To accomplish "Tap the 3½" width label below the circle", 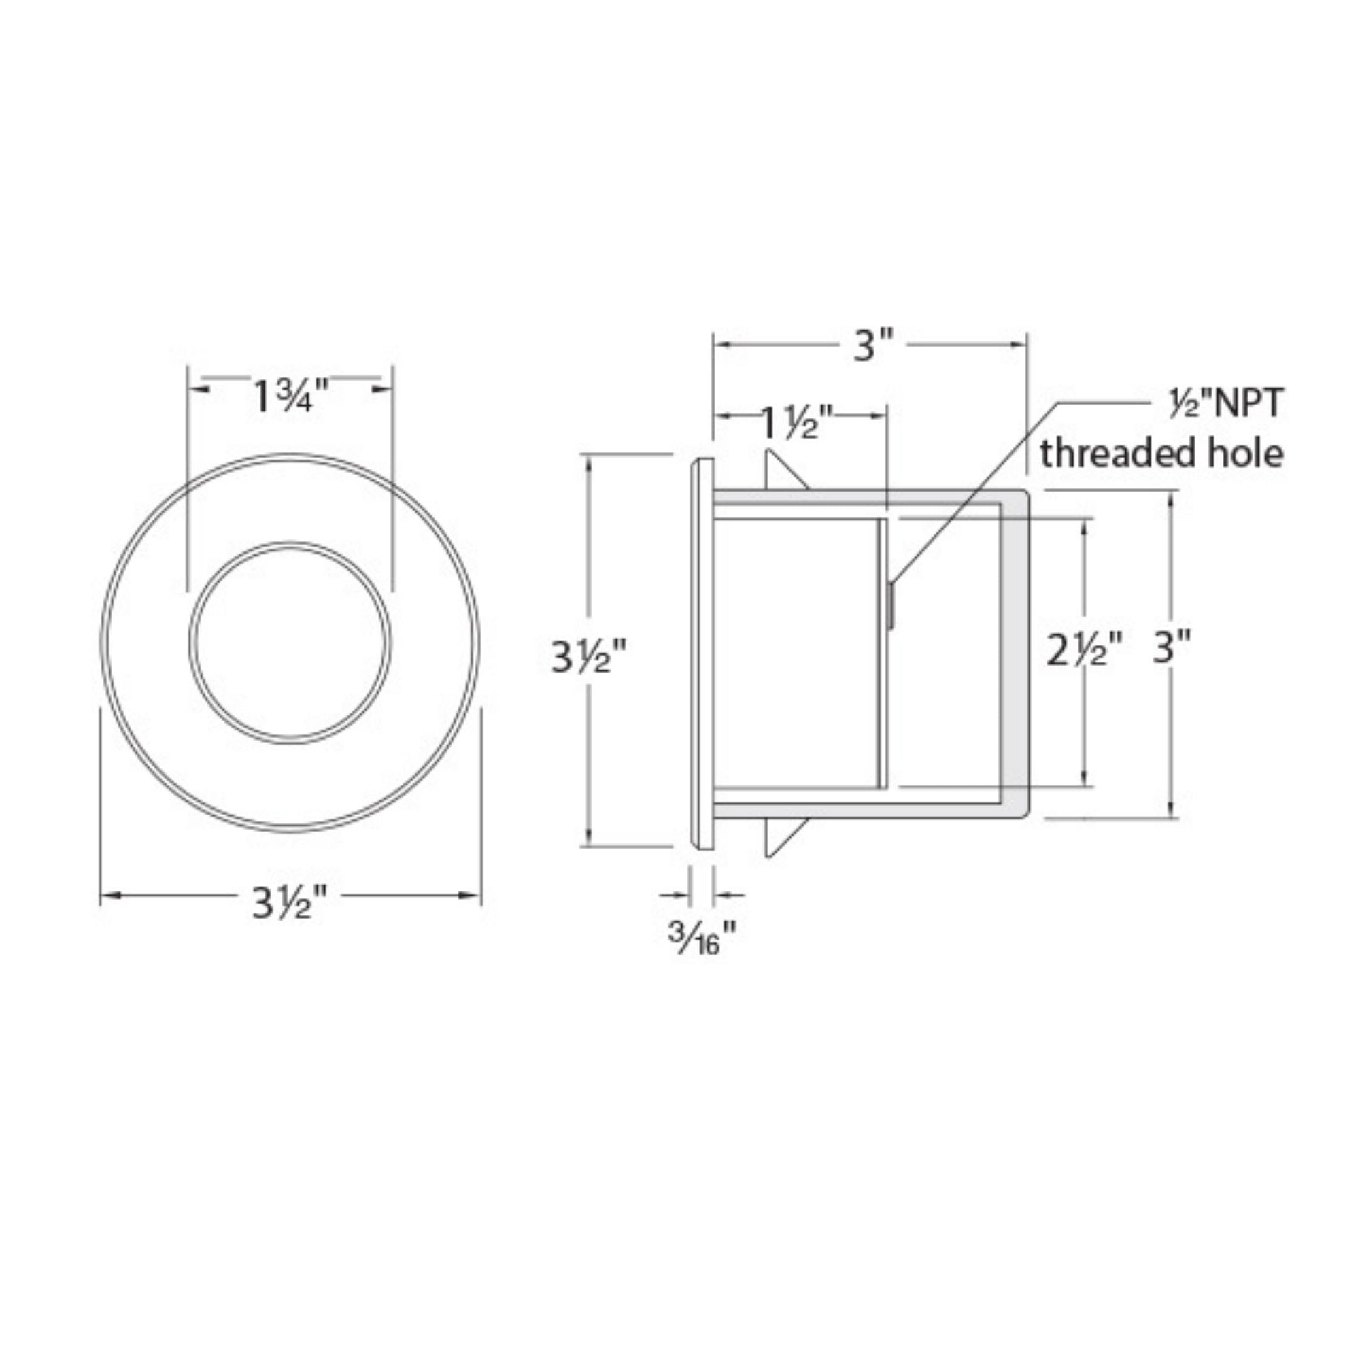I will click(x=291, y=903).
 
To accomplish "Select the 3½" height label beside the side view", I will click(x=588, y=657).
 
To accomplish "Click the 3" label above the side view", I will click(x=873, y=346).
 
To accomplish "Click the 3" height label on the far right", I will click(x=1172, y=646).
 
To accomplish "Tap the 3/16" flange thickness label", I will click(x=702, y=938).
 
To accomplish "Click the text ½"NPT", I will click(x=1225, y=405).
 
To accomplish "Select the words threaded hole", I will click(x=1161, y=454).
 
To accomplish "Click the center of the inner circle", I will click(x=290, y=642).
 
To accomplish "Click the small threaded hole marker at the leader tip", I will click(x=891, y=605).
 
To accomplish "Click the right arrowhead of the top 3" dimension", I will click(x=1019, y=344).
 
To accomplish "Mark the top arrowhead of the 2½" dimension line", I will click(x=1085, y=524).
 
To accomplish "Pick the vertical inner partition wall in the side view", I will click(x=882, y=653).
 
